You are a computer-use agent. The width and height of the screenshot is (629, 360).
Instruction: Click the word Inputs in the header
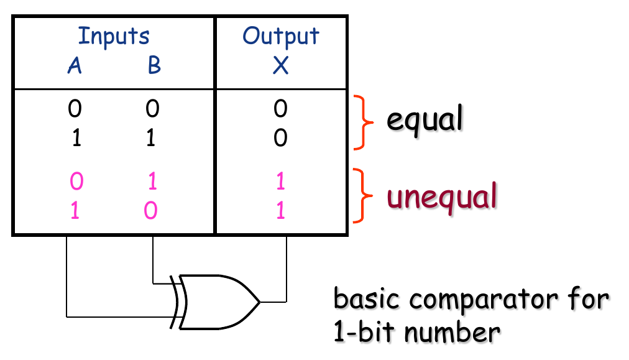[x=113, y=37]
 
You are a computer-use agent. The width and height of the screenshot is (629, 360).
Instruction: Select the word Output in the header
[x=280, y=36]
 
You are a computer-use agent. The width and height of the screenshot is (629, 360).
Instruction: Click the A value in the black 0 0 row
[x=75, y=110]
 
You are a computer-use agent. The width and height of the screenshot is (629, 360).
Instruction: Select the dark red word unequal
[x=442, y=197]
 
